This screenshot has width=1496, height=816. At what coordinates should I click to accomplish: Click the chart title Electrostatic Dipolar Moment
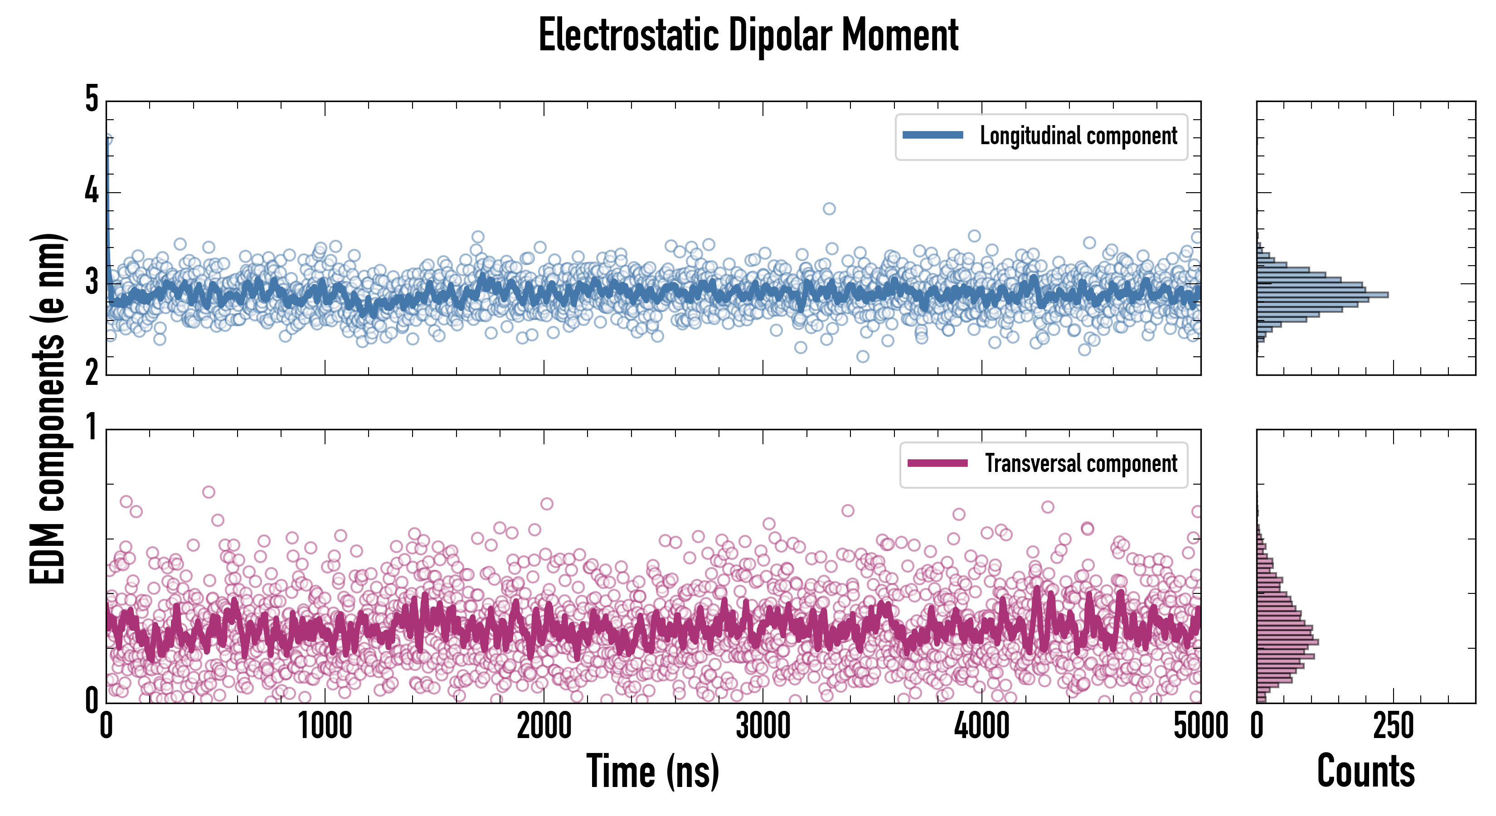(748, 35)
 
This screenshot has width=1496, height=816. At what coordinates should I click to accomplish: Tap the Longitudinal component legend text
(1078, 136)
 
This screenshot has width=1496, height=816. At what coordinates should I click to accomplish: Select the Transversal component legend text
(1081, 463)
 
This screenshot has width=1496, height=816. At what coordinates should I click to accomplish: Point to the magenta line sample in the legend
(937, 463)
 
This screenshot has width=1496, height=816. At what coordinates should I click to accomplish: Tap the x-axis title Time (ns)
(653, 771)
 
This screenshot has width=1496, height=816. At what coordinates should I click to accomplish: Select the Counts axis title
(1365, 771)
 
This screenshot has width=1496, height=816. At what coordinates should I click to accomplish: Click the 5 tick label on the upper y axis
(92, 99)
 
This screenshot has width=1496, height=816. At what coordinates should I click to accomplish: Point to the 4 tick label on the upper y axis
(92, 190)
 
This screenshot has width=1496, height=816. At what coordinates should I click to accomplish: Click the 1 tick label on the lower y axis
(92, 428)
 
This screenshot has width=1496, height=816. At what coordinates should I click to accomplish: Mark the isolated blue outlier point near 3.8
(829, 209)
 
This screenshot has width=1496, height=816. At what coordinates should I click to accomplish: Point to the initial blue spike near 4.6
(107, 141)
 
